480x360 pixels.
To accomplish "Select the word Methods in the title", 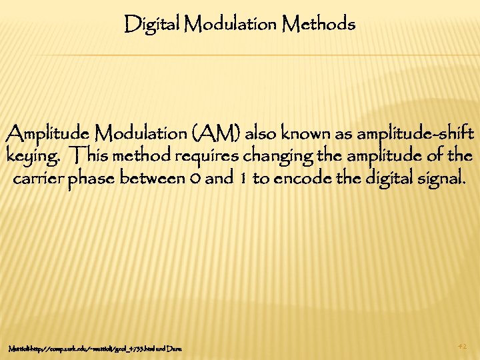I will (x=319, y=25).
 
